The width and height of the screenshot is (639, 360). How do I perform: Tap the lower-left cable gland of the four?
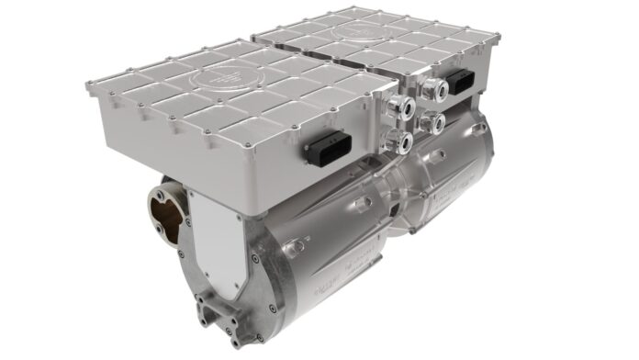pyautogui.click(x=398, y=141)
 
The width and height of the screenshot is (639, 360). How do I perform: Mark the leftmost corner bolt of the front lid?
pyautogui.click(x=89, y=86)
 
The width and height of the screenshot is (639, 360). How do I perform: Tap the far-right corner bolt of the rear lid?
pyautogui.click(x=497, y=39)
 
